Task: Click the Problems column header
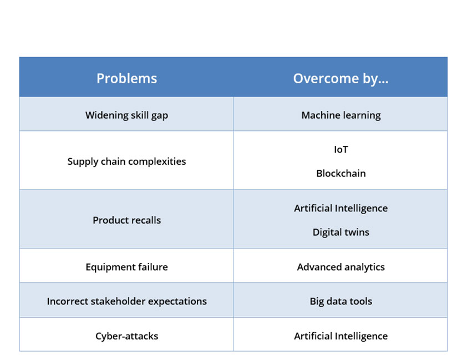(126, 78)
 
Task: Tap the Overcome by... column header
(341, 78)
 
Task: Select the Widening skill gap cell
(126, 115)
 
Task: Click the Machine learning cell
(341, 115)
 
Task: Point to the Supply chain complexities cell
(126, 161)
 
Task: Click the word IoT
(341, 149)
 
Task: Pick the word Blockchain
(341, 173)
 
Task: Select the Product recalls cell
(126, 220)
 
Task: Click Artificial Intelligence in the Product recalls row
(341, 208)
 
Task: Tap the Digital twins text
(341, 232)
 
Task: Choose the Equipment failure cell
(126, 267)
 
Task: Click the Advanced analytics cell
(341, 267)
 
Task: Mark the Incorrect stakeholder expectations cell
(126, 301)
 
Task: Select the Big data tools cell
(341, 301)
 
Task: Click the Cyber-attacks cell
(126, 336)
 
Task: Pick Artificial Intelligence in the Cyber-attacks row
(341, 336)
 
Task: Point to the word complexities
(157, 161)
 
